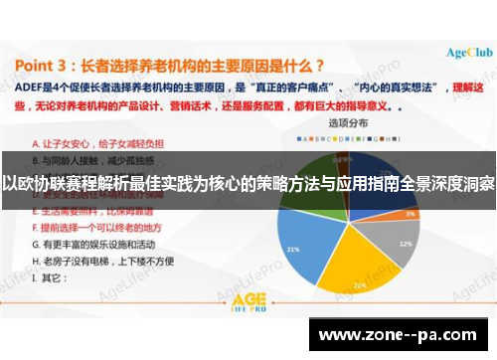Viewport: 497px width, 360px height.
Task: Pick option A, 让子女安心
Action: (85, 141)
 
